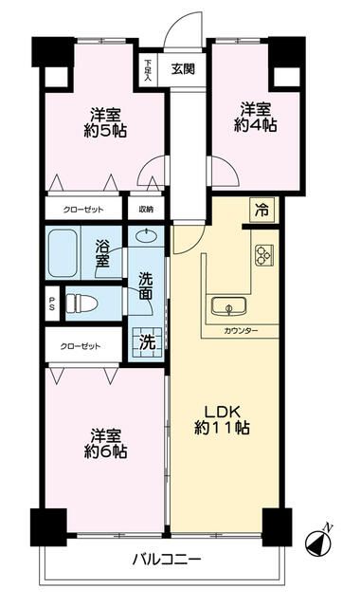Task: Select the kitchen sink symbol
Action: click(227, 305)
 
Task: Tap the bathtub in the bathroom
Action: click(66, 251)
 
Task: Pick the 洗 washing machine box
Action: click(147, 340)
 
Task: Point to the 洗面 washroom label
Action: click(147, 286)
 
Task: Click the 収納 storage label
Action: click(146, 209)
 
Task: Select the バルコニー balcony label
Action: click(166, 560)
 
